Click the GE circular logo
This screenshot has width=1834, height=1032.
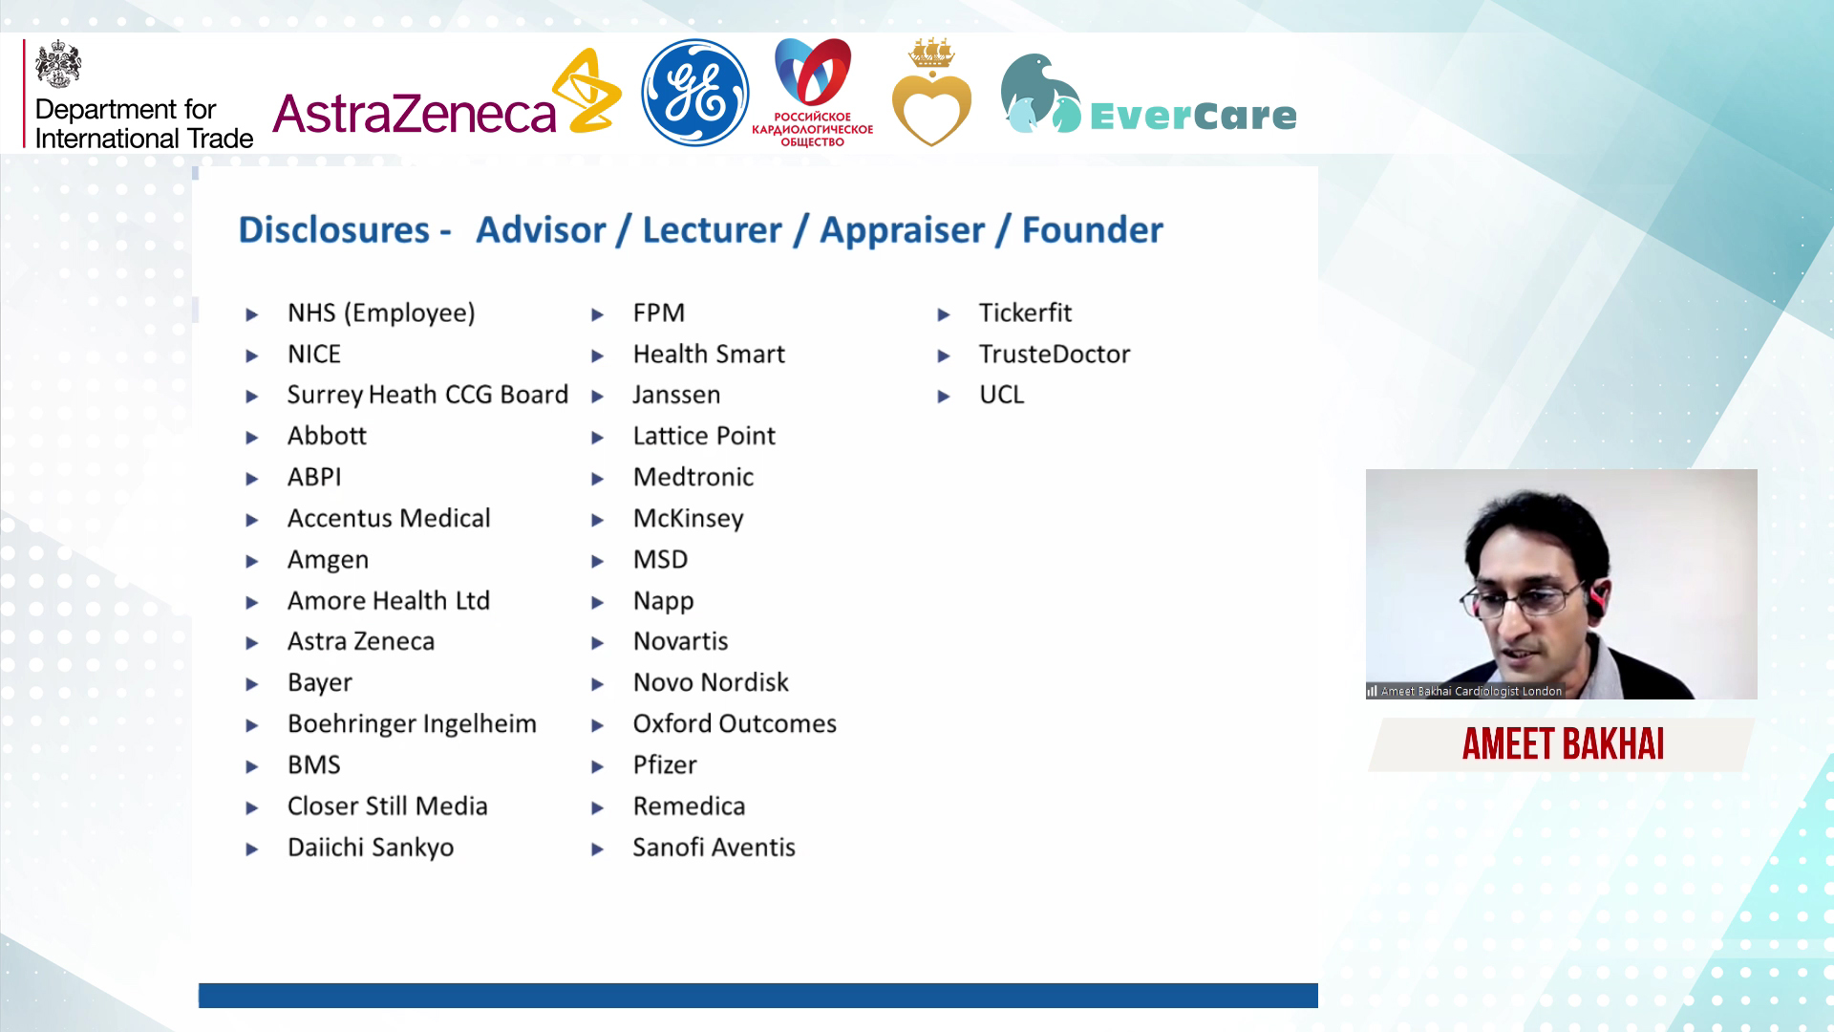click(x=694, y=93)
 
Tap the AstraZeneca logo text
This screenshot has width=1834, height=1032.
click(x=415, y=114)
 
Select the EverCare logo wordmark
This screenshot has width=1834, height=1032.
click(x=1193, y=116)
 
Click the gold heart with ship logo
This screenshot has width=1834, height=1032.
click(x=931, y=93)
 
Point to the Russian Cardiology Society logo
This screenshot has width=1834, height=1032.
click(x=812, y=93)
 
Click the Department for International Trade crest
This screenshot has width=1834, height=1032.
click(x=58, y=63)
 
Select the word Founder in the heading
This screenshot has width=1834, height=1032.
click(x=1093, y=230)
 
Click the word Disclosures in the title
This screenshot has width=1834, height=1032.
click(x=334, y=230)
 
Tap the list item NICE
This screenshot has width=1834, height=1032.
click(x=314, y=355)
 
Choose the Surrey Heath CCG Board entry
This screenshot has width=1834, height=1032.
click(x=428, y=396)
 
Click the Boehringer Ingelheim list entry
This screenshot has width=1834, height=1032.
click(x=412, y=724)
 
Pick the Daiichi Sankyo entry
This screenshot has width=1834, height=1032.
click(x=371, y=848)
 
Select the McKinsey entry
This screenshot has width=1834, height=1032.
click(x=689, y=519)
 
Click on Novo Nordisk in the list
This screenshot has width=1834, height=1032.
click(x=711, y=682)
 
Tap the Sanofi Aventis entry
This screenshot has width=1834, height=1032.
click(x=714, y=848)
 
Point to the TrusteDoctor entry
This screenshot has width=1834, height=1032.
click(x=1055, y=355)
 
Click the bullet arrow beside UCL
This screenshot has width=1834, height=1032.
click(x=944, y=397)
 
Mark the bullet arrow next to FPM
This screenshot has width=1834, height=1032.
click(x=598, y=314)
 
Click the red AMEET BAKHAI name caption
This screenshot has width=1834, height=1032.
click(x=1563, y=744)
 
